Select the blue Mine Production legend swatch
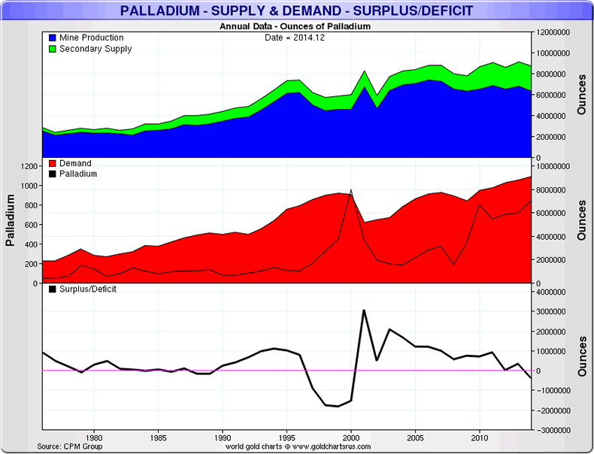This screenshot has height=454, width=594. click(x=51, y=38)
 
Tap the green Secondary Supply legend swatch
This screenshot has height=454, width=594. click(x=51, y=49)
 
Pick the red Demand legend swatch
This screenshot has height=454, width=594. click(x=51, y=163)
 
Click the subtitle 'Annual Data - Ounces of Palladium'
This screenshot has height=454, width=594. click(x=295, y=26)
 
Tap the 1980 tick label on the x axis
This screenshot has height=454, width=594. click(x=94, y=436)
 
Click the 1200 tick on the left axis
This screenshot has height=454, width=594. click(x=29, y=165)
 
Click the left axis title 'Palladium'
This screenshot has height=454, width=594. click(x=11, y=220)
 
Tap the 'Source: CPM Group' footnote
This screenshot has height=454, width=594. click(x=70, y=446)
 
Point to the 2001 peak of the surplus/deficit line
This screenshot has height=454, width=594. click(x=364, y=310)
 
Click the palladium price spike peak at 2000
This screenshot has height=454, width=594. click(x=351, y=191)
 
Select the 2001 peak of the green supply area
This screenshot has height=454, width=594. click(x=364, y=71)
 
